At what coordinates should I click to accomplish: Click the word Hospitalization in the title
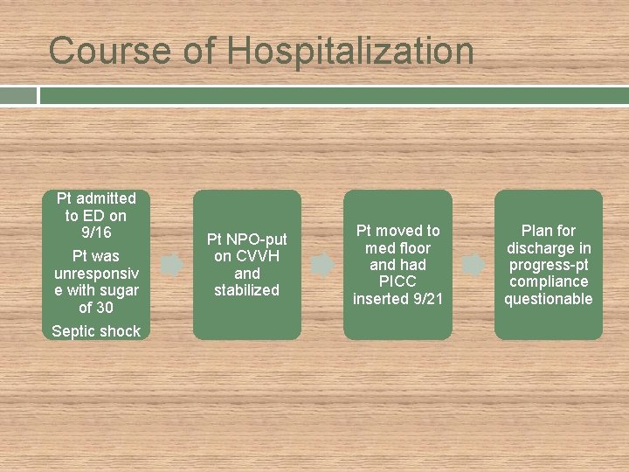coord(351,51)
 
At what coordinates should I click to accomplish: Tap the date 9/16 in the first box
coord(95,233)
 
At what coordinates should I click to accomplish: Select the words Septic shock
coord(95,330)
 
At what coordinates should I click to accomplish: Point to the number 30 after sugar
coord(104,308)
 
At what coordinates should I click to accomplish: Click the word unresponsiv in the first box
coord(95,274)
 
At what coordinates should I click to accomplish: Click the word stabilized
coord(246,290)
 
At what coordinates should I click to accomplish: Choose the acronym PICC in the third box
coord(397,281)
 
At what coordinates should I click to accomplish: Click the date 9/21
coord(425,299)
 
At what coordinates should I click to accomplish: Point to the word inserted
coord(379,299)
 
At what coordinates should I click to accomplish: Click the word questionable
coord(549,299)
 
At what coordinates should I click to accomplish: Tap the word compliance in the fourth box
coord(549,281)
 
